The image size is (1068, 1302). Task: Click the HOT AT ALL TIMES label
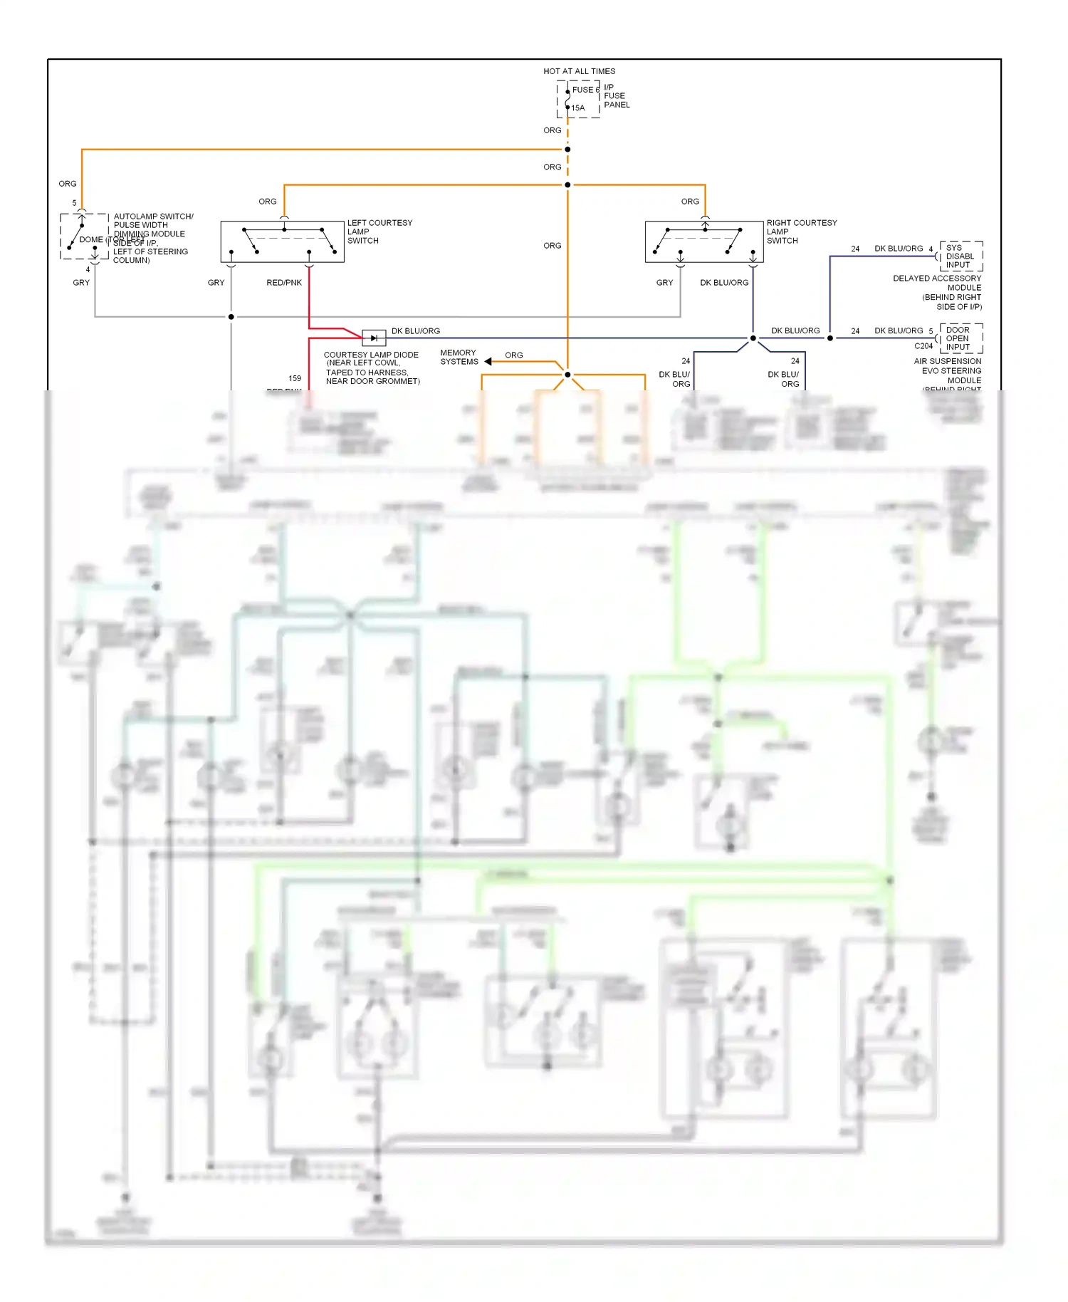pyautogui.click(x=579, y=71)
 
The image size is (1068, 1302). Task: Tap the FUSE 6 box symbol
pyautogui.click(x=578, y=99)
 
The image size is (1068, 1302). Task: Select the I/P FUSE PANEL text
pyautogui.click(x=616, y=96)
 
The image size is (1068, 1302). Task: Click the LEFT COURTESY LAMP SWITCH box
pyautogui.click(x=282, y=241)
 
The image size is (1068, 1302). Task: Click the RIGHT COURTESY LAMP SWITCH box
pyautogui.click(x=703, y=241)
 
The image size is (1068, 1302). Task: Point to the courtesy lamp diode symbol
pyautogui.click(x=374, y=338)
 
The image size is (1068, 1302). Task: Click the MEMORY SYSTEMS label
pyautogui.click(x=459, y=357)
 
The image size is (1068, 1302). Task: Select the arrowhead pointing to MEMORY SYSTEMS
pyautogui.click(x=488, y=362)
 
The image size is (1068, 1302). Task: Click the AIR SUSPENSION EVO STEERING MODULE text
pyautogui.click(x=948, y=371)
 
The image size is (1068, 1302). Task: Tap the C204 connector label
pyautogui.click(x=923, y=346)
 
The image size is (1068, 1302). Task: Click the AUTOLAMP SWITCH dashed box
pyautogui.click(x=84, y=236)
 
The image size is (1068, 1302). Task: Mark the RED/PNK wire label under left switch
pyautogui.click(x=284, y=283)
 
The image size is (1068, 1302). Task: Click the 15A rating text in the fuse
pyautogui.click(x=578, y=108)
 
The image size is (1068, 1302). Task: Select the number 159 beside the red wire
pyautogui.click(x=295, y=378)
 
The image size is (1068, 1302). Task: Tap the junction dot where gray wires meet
pyautogui.click(x=231, y=317)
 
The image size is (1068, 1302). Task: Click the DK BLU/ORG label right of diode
pyautogui.click(x=415, y=331)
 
